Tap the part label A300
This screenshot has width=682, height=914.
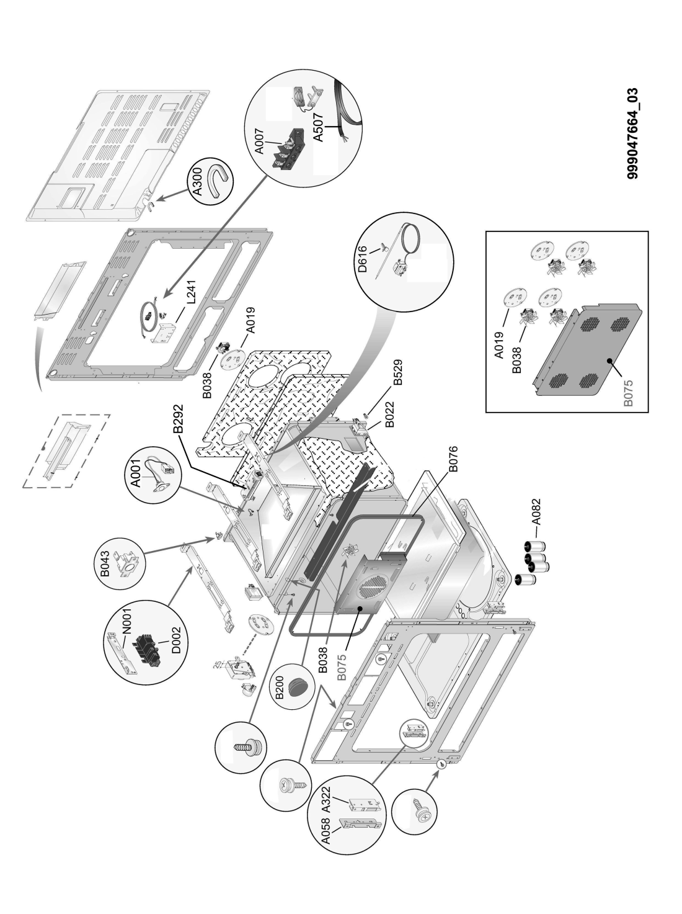[198, 184]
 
